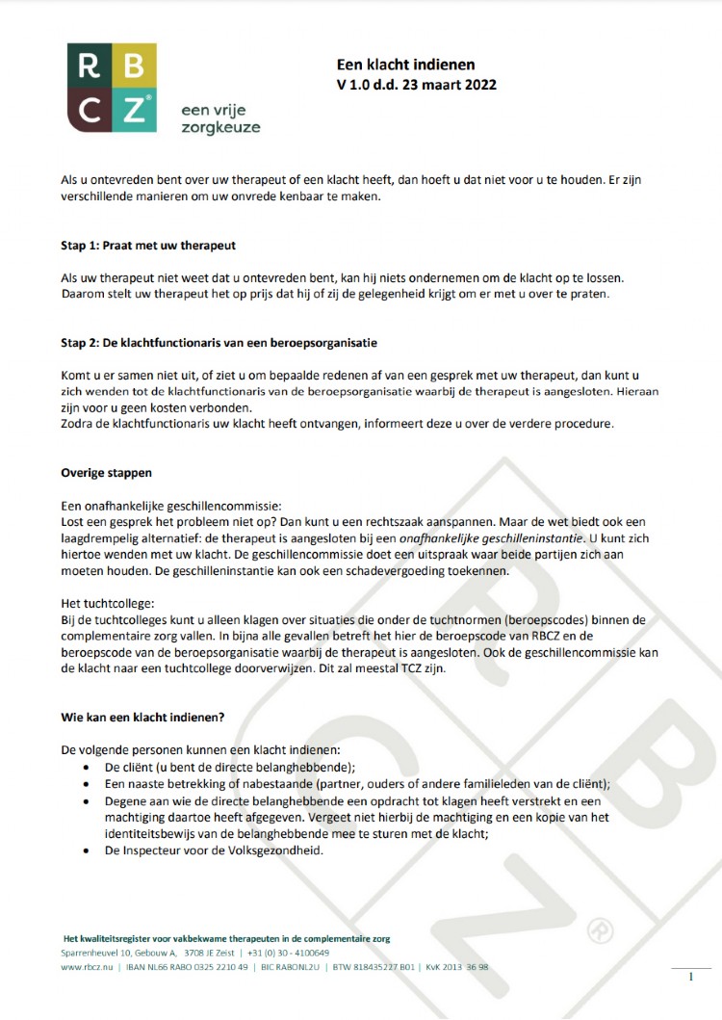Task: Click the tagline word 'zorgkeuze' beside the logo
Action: tap(220, 127)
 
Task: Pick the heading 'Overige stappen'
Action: tap(106, 474)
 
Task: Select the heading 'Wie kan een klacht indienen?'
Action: tap(143, 718)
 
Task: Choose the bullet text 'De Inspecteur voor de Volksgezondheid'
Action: tap(214, 850)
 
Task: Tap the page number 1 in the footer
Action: tap(691, 977)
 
